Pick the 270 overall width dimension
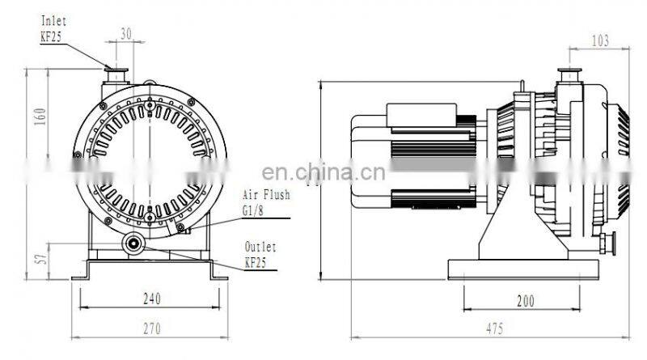(151, 328)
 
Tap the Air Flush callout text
(266, 195)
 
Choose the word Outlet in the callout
(260, 247)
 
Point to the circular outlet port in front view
(133, 243)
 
